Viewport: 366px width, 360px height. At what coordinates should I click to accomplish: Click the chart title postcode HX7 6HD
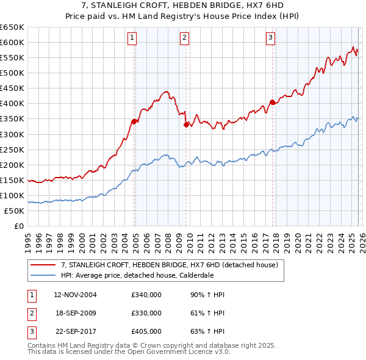coord(245,5)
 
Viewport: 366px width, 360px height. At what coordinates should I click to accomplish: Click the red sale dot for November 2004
coord(134,121)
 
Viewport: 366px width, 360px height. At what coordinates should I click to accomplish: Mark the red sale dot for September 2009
coord(186,124)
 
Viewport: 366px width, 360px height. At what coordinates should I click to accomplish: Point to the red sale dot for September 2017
coord(273,102)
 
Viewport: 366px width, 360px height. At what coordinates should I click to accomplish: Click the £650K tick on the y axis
coord(12,27)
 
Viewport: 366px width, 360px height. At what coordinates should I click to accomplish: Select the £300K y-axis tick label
coord(12,134)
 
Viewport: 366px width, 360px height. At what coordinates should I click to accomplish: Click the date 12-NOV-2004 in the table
coord(75,295)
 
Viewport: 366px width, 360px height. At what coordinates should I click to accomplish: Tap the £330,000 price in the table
coord(146,313)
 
